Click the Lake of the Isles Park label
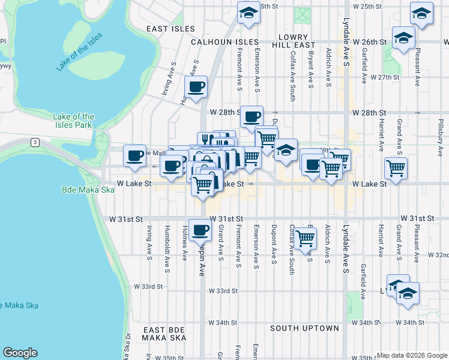click(73, 121)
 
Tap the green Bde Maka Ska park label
click(88, 190)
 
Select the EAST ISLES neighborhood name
click(170, 29)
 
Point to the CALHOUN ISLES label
click(224, 43)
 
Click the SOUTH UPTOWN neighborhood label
click(304, 328)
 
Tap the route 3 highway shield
click(35, 142)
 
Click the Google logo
click(20, 353)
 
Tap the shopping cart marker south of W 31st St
click(305, 238)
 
